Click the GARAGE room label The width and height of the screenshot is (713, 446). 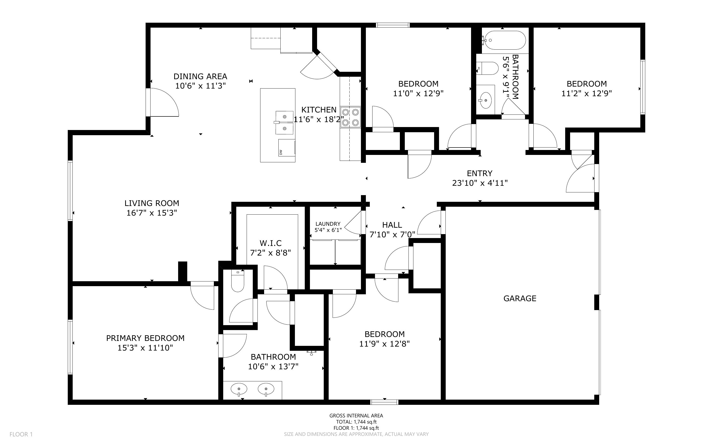tap(520, 298)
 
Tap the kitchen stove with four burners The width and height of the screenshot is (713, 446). tap(350, 117)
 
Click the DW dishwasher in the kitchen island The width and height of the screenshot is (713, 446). tap(286, 148)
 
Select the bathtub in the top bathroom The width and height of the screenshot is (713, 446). tap(505, 40)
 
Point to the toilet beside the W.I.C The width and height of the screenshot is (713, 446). tap(238, 281)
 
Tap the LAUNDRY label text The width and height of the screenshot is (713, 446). tap(328, 224)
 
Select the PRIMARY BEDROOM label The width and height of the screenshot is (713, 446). tap(145, 338)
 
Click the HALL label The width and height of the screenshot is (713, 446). tap(392, 225)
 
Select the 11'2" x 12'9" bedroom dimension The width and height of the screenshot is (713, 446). tap(586, 93)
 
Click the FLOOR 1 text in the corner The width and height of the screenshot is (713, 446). tap(21, 434)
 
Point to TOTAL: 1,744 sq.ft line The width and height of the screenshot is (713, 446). tap(356, 422)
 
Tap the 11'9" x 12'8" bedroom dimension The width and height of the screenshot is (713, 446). tap(384, 344)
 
